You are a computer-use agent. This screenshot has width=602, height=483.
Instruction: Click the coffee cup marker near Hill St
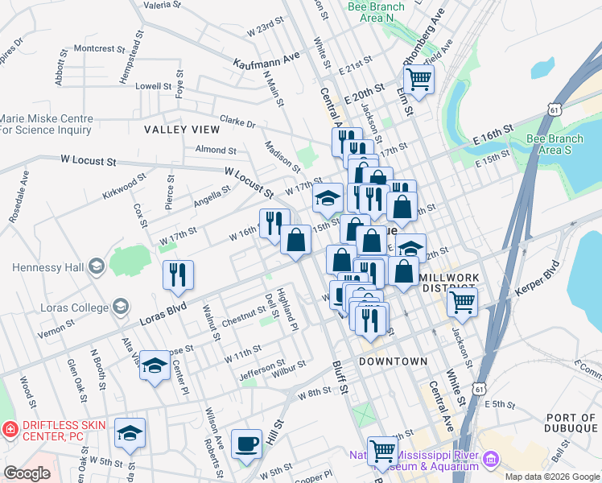point(246,444)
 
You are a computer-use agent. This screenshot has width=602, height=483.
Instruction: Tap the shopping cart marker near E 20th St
point(419,79)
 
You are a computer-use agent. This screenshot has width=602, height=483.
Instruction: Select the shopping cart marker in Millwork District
point(462,303)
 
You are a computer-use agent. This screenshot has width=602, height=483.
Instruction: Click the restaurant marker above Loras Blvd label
point(178,275)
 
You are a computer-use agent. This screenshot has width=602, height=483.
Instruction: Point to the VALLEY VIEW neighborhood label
point(182,130)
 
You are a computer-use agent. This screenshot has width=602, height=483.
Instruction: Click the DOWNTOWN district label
point(393,361)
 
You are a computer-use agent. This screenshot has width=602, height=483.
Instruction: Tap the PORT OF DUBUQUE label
point(571,423)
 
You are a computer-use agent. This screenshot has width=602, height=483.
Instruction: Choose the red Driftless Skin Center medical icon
point(9,431)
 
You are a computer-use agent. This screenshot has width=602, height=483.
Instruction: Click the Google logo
point(27,473)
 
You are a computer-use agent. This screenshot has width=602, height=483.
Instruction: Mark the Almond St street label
point(216,150)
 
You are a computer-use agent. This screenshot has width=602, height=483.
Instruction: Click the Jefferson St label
point(260,372)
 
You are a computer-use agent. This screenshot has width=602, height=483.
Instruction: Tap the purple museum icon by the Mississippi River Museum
point(490,459)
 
